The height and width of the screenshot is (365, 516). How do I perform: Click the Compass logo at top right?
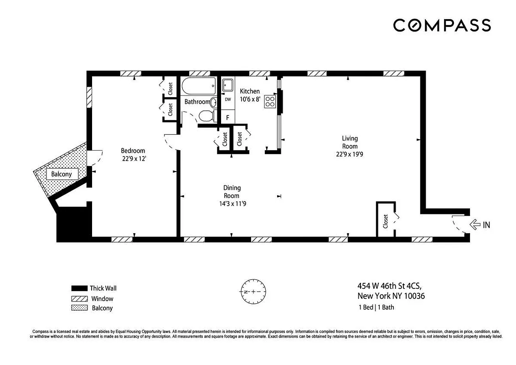(442, 25)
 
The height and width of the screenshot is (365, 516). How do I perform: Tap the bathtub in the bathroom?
(199, 85)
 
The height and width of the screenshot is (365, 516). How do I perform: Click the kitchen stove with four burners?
(270, 101)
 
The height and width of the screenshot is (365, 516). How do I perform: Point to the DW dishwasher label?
(228, 99)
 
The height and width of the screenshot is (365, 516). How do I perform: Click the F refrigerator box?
(228, 117)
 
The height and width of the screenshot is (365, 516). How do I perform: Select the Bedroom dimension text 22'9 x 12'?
(133, 159)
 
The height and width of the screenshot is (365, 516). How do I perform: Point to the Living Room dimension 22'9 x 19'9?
(350, 154)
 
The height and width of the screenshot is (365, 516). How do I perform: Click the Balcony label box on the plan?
(61, 174)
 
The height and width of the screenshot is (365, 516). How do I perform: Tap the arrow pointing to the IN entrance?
(475, 224)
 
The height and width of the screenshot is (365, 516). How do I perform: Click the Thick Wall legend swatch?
(79, 288)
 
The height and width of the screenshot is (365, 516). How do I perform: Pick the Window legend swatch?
(79, 299)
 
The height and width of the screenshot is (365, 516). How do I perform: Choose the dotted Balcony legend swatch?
(79, 308)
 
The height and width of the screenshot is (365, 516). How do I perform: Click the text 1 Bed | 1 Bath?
(376, 307)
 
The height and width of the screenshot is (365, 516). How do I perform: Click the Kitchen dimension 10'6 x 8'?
(250, 99)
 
